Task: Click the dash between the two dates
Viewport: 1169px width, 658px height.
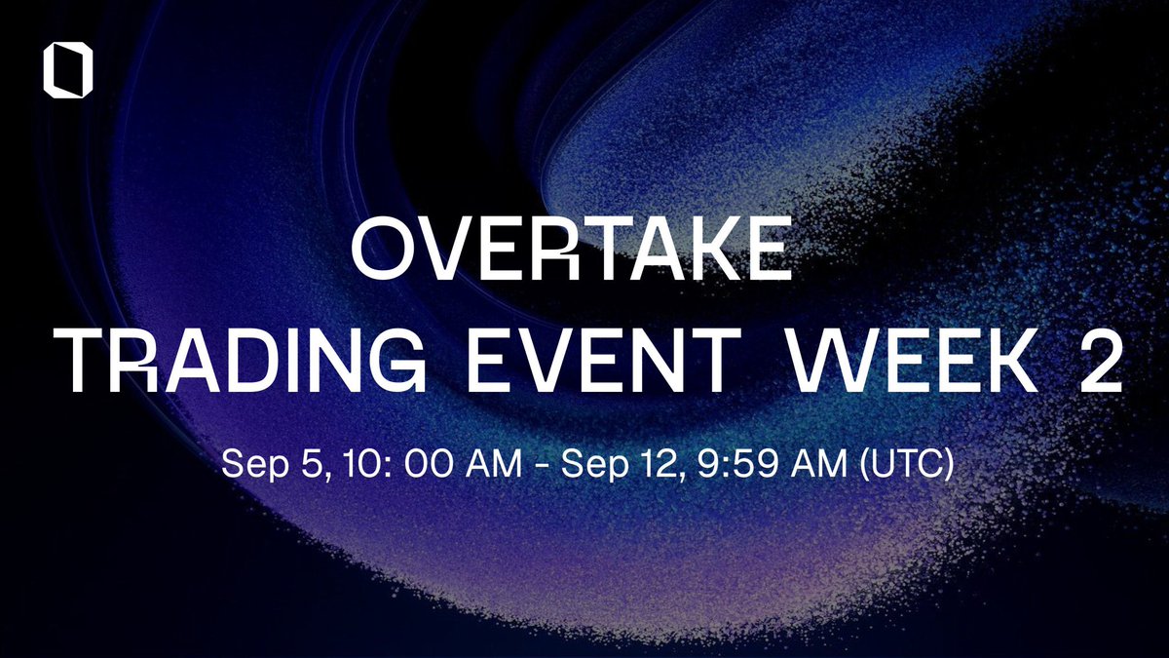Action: click(551, 464)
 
